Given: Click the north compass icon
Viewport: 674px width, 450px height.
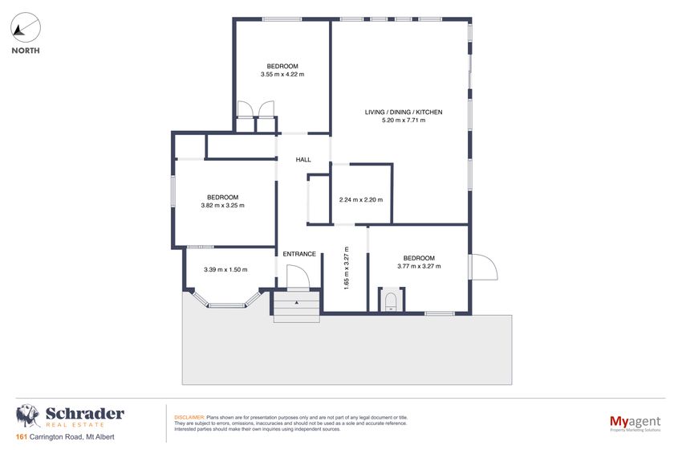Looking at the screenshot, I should click(25, 30).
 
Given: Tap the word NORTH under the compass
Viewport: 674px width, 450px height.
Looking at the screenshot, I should click(25, 51).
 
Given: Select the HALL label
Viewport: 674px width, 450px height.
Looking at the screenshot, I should click(303, 160).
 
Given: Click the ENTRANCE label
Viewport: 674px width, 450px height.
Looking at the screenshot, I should click(299, 254).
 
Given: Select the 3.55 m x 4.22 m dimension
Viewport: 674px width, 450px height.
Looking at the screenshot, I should click(282, 74).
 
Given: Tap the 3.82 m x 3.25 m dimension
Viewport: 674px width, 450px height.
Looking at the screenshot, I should click(222, 206).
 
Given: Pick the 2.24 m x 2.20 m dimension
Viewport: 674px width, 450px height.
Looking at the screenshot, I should click(361, 200).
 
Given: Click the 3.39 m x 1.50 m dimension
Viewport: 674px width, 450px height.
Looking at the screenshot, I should click(225, 270).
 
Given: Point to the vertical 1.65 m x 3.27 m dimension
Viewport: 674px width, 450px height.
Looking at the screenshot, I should click(346, 268).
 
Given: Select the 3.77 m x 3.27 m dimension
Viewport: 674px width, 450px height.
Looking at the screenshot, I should click(419, 266).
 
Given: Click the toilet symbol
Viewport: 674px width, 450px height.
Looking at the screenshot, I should click(391, 301).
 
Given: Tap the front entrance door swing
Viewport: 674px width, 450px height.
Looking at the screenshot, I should click(298, 278).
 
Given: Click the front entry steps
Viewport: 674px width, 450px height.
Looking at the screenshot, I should click(297, 307).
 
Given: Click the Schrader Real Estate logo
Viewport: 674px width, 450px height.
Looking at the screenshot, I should click(71, 416).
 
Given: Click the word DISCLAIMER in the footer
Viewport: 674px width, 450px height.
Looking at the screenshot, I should click(189, 418).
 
